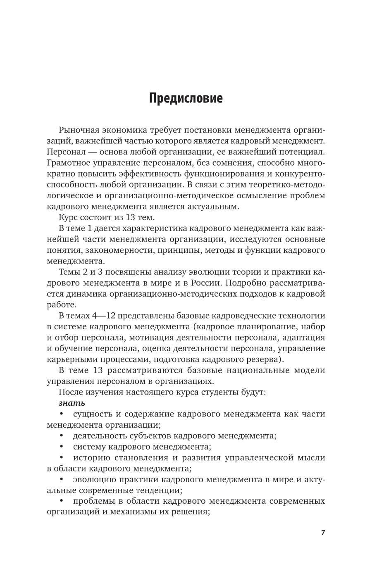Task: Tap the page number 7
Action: tap(323, 532)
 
